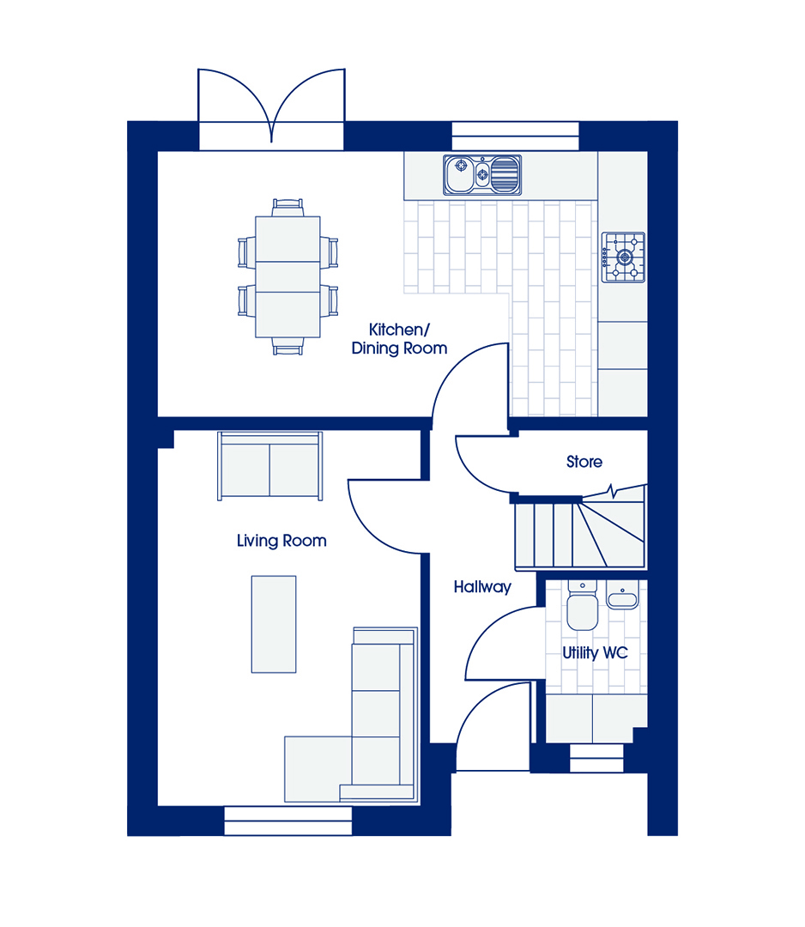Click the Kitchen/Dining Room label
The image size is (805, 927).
pos(400,339)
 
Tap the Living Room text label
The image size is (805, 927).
pos(281,541)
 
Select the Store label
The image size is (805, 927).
pos(584,462)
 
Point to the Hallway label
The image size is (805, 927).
pos(482,587)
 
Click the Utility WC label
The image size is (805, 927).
pos(595,653)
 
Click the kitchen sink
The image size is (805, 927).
pos(482,175)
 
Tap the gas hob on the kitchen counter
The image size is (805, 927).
pos(623,257)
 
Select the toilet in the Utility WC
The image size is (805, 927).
pos(582,605)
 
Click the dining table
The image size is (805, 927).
pos(287,276)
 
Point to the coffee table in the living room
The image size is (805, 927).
pos(274,624)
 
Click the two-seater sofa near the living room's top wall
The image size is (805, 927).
pos(270,466)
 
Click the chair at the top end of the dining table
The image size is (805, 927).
pos(287,208)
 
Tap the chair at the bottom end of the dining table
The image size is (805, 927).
pos(287,346)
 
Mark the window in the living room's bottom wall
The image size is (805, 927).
pos(288,821)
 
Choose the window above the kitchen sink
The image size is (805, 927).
pos(516,136)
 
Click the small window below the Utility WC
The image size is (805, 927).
pos(596,758)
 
